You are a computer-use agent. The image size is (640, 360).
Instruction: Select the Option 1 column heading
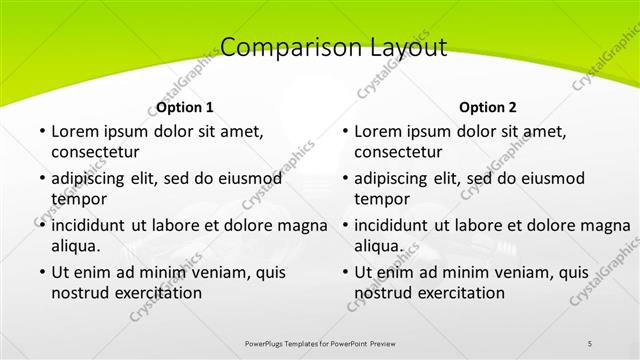pos(185,107)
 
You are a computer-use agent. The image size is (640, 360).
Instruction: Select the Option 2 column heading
pos(488,107)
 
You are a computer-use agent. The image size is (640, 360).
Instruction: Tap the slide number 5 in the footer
pos(590,343)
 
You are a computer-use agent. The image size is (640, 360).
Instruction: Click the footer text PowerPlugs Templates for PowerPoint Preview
pos(320,343)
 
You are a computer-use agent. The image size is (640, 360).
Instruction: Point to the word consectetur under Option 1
pos(95,153)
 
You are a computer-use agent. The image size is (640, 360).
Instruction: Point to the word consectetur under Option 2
pos(398,153)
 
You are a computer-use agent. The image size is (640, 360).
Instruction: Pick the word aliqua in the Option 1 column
pos(75,246)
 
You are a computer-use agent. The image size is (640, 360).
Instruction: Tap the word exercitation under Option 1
pos(160,293)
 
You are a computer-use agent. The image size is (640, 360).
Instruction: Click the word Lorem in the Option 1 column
pos(74,131)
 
